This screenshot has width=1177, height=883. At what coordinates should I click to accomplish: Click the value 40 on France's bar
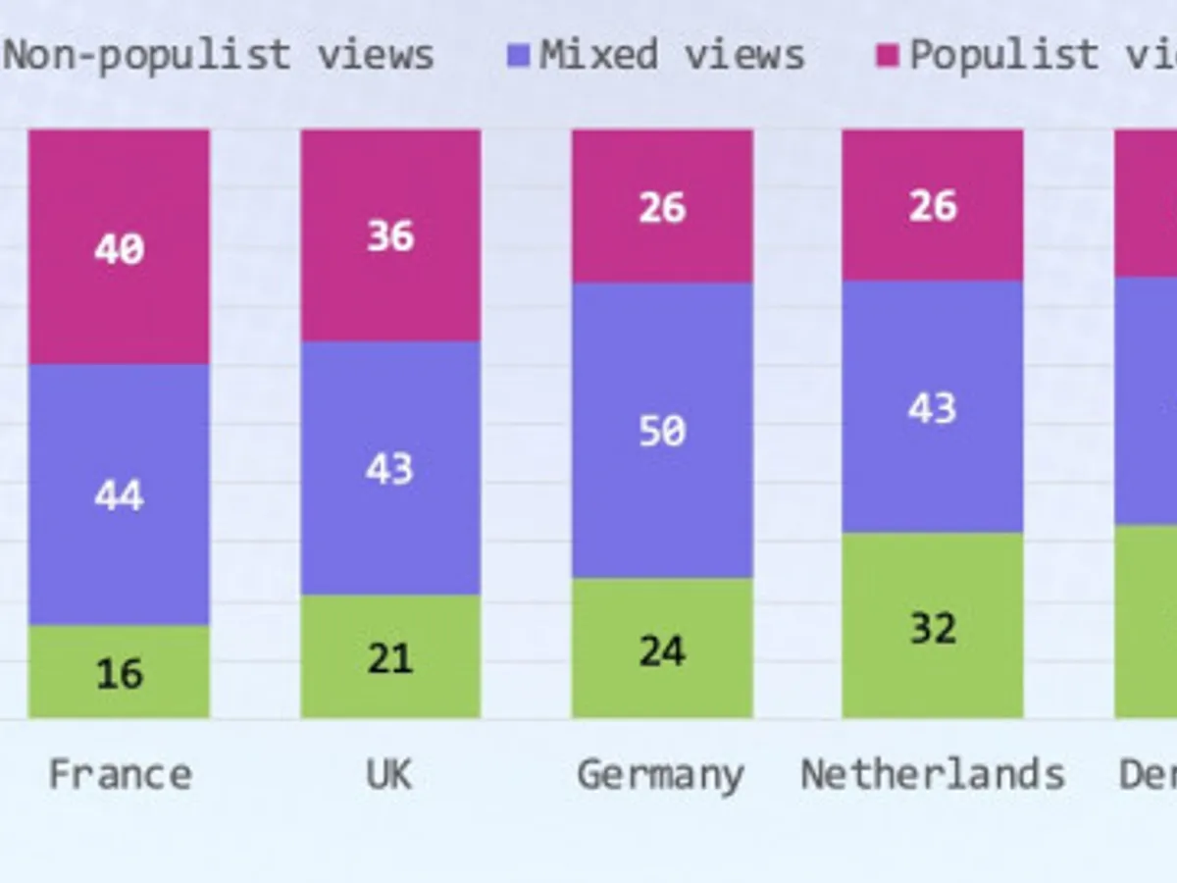point(120,249)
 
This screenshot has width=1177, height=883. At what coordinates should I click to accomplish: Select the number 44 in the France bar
point(120,496)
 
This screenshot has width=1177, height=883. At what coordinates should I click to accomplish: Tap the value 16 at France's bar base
point(120,674)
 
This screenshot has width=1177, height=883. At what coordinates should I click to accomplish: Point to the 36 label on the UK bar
point(390,236)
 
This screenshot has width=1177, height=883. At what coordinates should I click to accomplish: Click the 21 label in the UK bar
point(390,658)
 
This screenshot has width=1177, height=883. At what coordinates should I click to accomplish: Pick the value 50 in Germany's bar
point(662,432)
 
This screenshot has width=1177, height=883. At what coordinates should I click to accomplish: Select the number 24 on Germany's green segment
point(662,651)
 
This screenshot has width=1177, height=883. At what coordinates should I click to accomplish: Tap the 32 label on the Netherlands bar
point(932,628)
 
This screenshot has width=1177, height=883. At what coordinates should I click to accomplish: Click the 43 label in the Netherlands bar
point(932,408)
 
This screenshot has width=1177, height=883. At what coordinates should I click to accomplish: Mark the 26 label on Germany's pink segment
point(662,208)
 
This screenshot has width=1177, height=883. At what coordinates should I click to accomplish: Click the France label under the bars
point(120,775)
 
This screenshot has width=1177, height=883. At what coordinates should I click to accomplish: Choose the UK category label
point(389,775)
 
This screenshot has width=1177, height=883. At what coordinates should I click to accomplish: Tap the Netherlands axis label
point(933,775)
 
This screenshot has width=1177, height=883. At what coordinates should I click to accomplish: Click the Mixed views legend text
point(672,55)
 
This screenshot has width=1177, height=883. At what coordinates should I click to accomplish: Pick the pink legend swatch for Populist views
point(888,56)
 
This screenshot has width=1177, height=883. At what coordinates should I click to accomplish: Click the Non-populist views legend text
point(219,55)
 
